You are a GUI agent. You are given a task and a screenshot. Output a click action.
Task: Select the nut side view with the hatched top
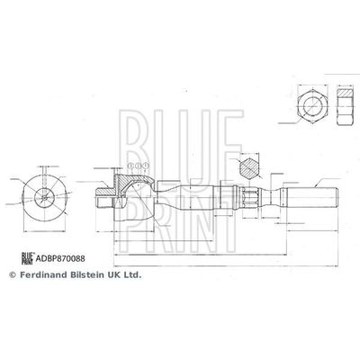345,105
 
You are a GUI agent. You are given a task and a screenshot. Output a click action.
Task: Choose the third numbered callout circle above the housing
146,167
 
